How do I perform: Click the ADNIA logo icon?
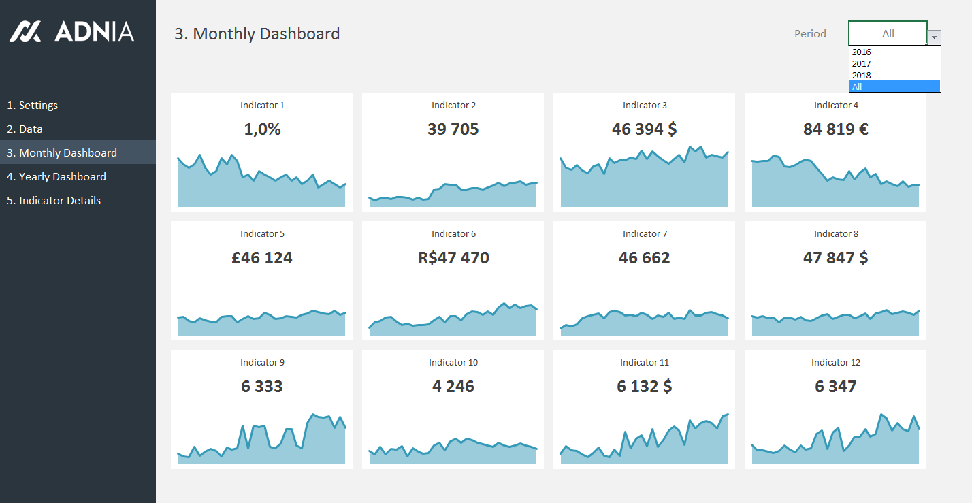coord(25,31)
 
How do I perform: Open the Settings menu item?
coord(32,106)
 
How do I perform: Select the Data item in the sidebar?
coord(25,129)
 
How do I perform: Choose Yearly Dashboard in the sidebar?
coord(56,177)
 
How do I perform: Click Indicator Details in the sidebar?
coord(53,201)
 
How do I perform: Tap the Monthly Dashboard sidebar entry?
coord(61,153)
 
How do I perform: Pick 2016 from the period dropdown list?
coord(862,52)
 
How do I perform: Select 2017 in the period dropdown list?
coord(862,64)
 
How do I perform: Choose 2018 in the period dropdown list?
coord(862,76)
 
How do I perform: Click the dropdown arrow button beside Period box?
coord(935,37)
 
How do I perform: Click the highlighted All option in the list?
coord(894,86)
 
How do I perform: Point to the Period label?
coord(810,34)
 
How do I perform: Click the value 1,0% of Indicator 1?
coord(262,129)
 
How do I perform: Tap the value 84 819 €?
coord(835,129)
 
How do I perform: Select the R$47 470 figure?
coord(453,258)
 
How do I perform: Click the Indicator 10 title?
coord(453,363)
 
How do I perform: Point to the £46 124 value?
coord(262,258)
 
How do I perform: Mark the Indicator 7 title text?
coord(645,234)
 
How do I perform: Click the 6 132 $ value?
coord(644,387)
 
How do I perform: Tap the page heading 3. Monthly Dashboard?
coord(257,34)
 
